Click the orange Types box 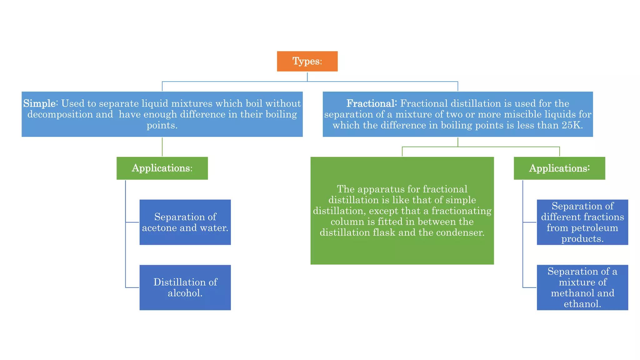coord(307,61)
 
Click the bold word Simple coord(40,103)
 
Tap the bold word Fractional coord(371,103)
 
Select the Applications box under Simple coord(162,168)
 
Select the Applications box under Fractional coord(559,168)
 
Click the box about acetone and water coord(185,222)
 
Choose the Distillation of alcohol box coord(185,287)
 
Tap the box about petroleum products coord(582,222)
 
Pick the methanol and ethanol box coord(582,287)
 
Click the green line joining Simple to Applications coord(162,147)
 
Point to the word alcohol coord(185,293)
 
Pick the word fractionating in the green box coord(461,211)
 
